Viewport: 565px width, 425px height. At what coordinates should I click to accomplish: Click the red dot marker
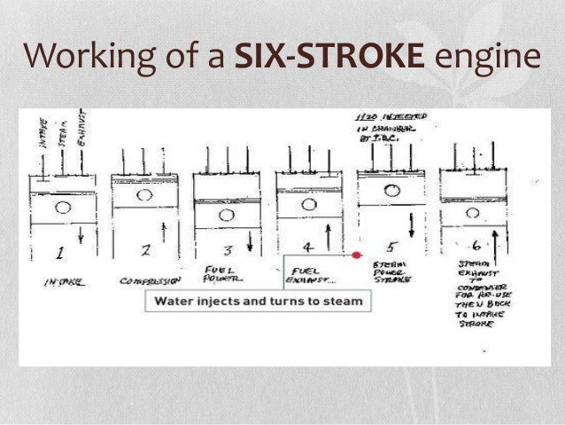(357, 255)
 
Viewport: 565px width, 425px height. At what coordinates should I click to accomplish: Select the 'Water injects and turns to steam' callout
(259, 302)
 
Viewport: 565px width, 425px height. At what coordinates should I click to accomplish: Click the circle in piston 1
(62, 209)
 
